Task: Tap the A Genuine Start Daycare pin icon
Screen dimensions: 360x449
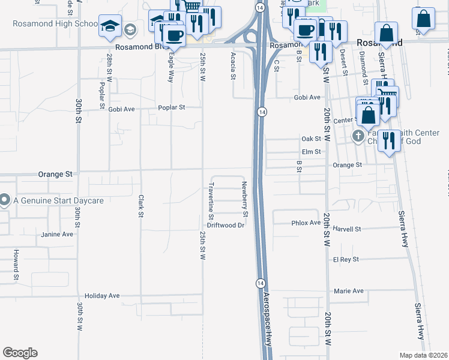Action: [x=5, y=200]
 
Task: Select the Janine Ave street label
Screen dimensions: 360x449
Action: [x=56, y=235]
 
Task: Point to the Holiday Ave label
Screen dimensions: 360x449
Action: [x=102, y=296]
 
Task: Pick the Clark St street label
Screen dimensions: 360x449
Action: [x=140, y=206]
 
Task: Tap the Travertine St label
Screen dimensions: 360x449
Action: [x=211, y=200]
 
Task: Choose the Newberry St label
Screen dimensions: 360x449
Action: [x=245, y=199]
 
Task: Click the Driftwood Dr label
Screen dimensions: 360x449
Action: [x=226, y=226]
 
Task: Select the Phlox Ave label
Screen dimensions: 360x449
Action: [x=306, y=223]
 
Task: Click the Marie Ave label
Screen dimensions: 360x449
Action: [x=349, y=291]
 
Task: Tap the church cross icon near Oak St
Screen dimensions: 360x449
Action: [x=358, y=136]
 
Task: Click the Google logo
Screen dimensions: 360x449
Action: [x=19, y=353]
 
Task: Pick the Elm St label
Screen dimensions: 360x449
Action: [x=312, y=152]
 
